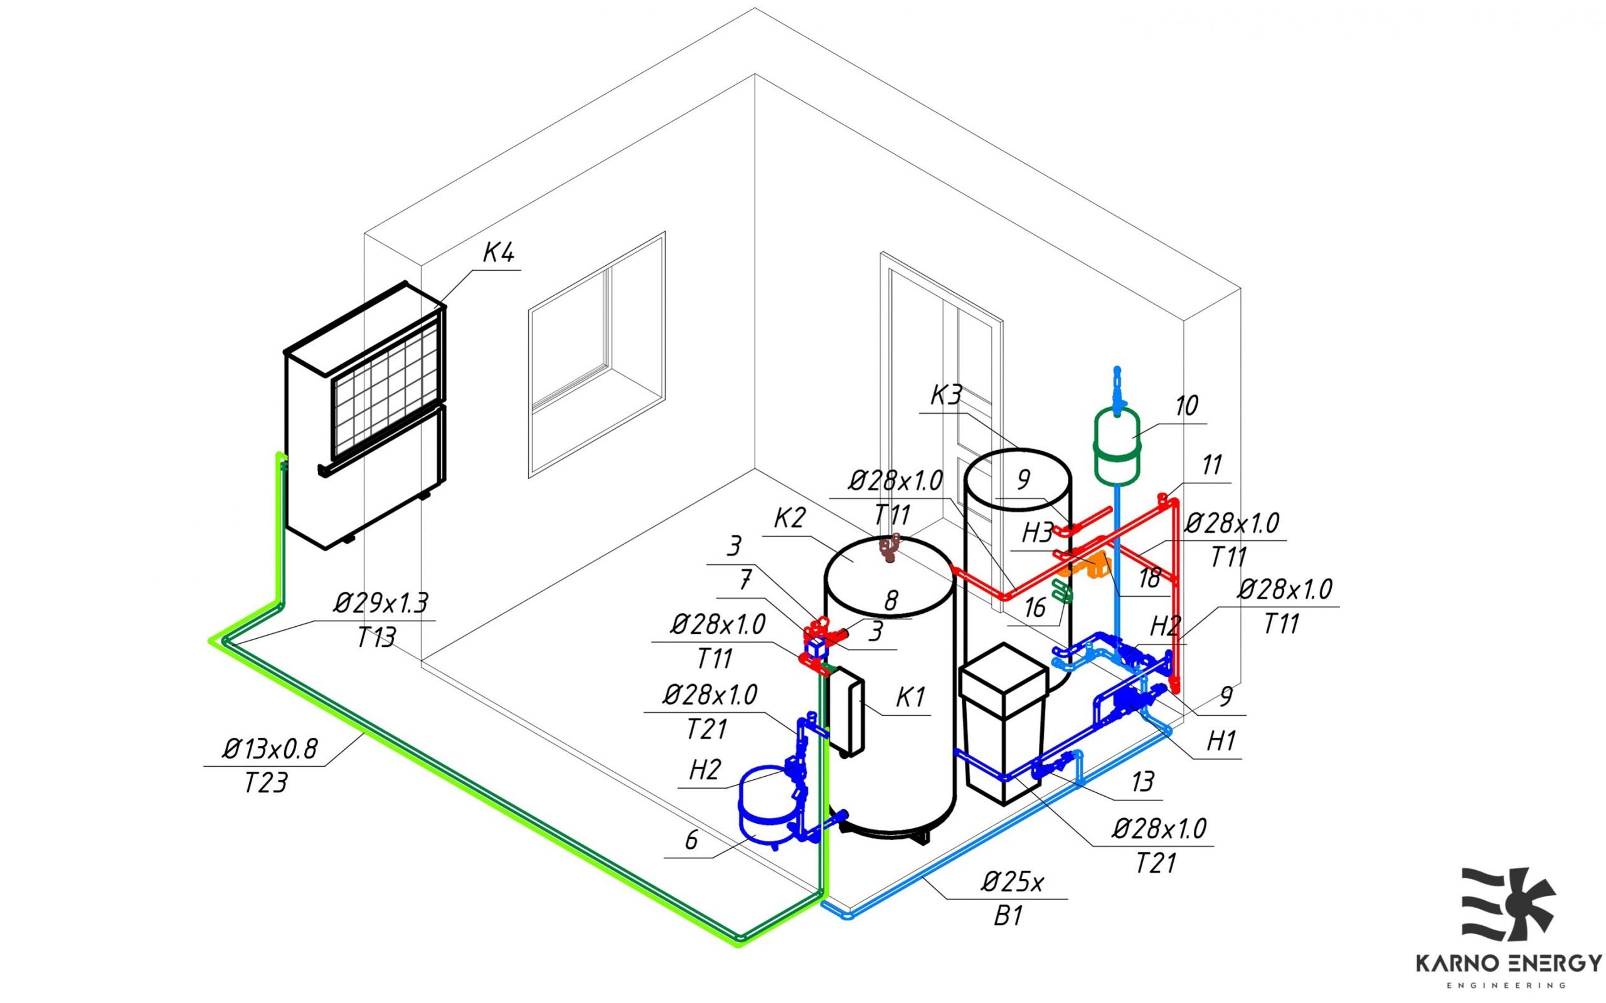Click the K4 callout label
click(498, 253)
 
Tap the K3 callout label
click(945, 396)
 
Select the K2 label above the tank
click(789, 518)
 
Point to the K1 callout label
click(910, 697)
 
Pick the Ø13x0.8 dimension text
click(270, 749)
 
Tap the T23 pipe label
click(265, 784)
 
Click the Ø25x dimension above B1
click(1013, 881)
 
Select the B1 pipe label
click(1008, 916)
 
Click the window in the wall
click(596, 355)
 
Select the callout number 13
click(1143, 782)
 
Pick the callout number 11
click(1212, 465)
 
